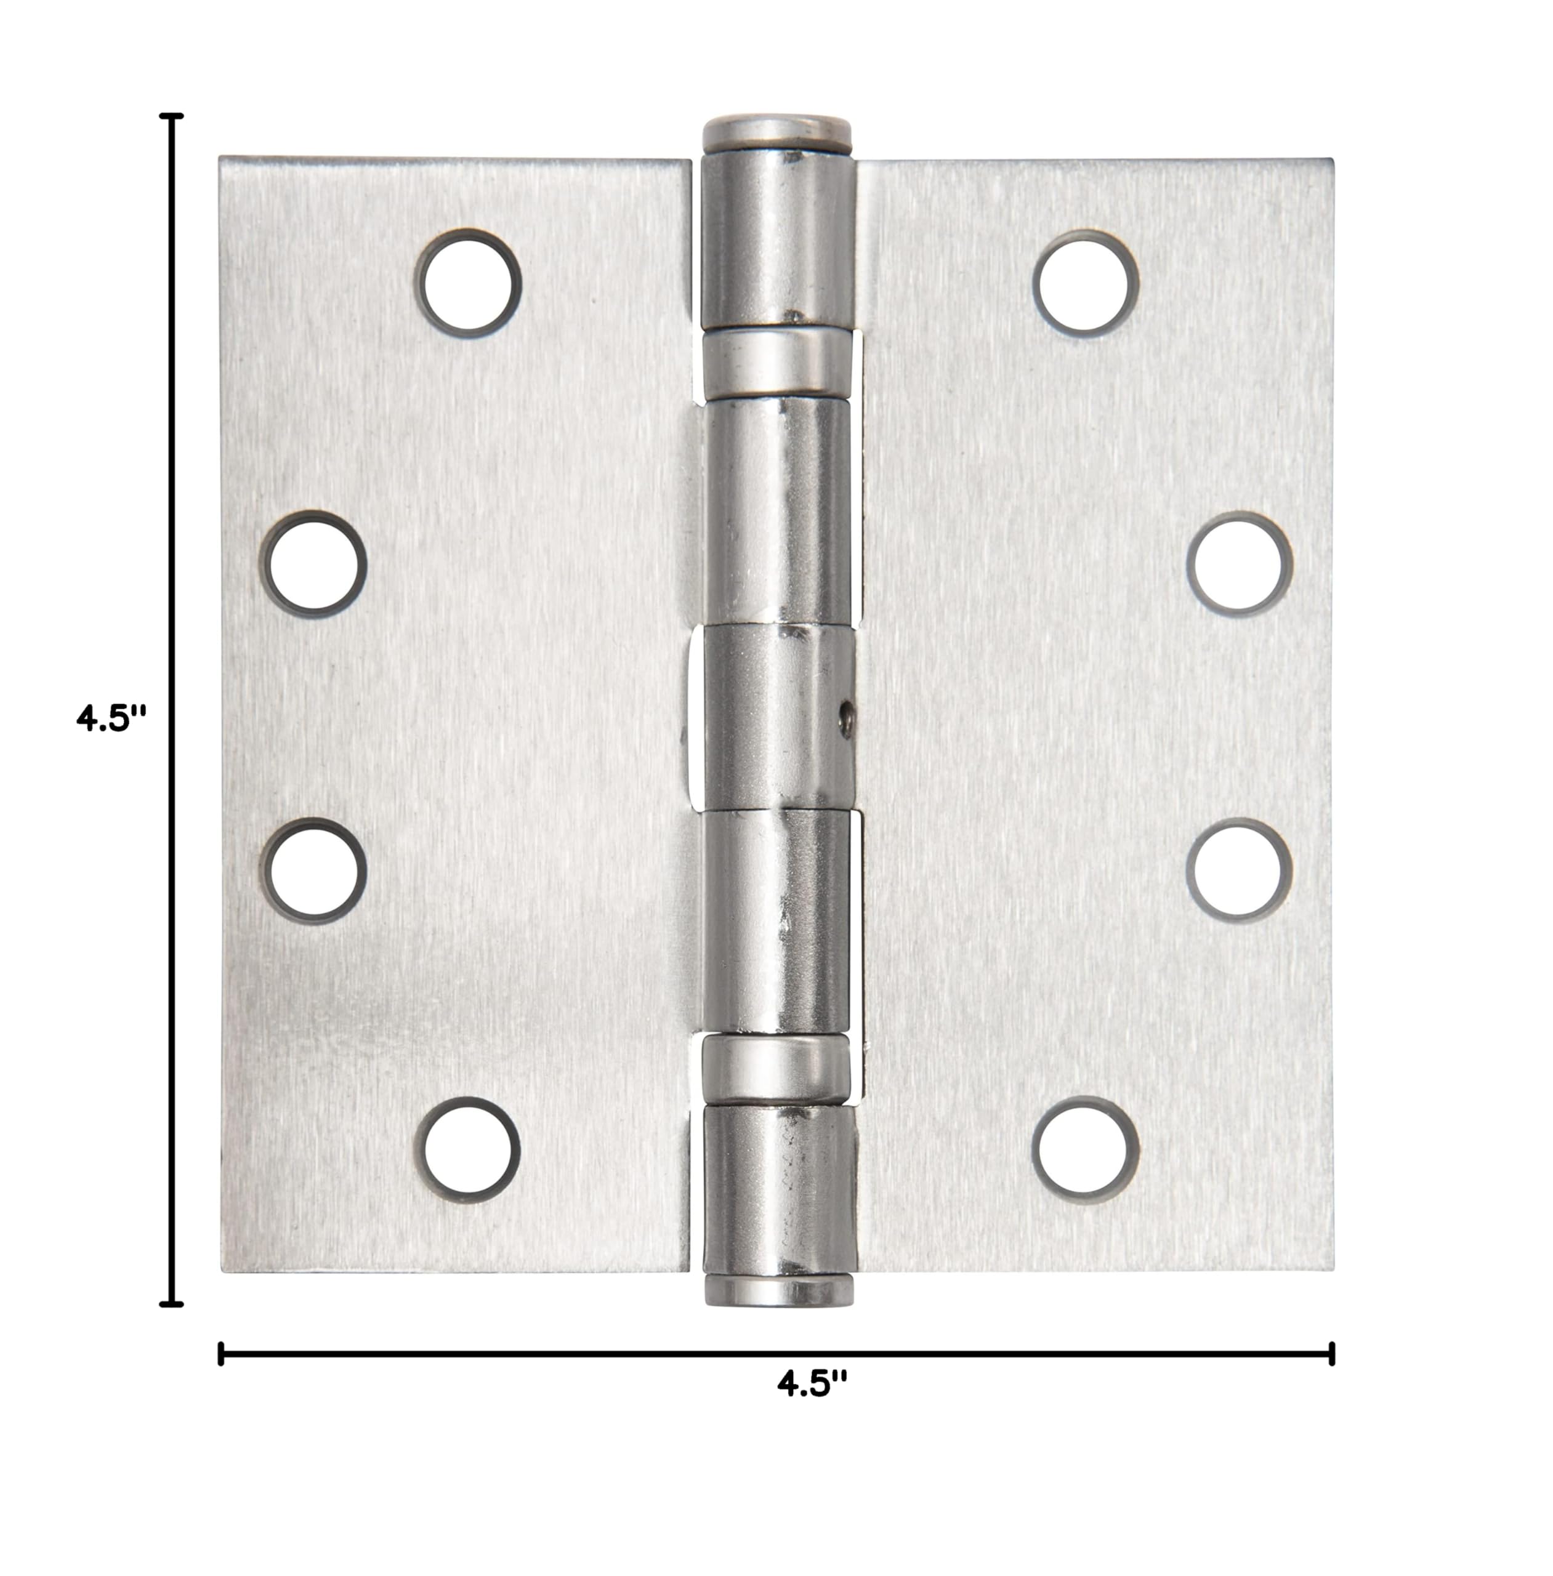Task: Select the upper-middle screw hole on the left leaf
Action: click(314, 563)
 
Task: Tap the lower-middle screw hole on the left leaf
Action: click(314, 870)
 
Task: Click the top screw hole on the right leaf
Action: click(1086, 283)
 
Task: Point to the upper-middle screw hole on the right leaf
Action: click(1239, 563)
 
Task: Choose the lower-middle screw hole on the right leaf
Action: click(1239, 870)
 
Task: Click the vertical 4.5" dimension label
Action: click(111, 719)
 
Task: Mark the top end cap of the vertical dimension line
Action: click(171, 116)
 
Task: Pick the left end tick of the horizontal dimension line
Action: click(221, 1353)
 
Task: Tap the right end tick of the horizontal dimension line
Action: click(1332, 1353)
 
